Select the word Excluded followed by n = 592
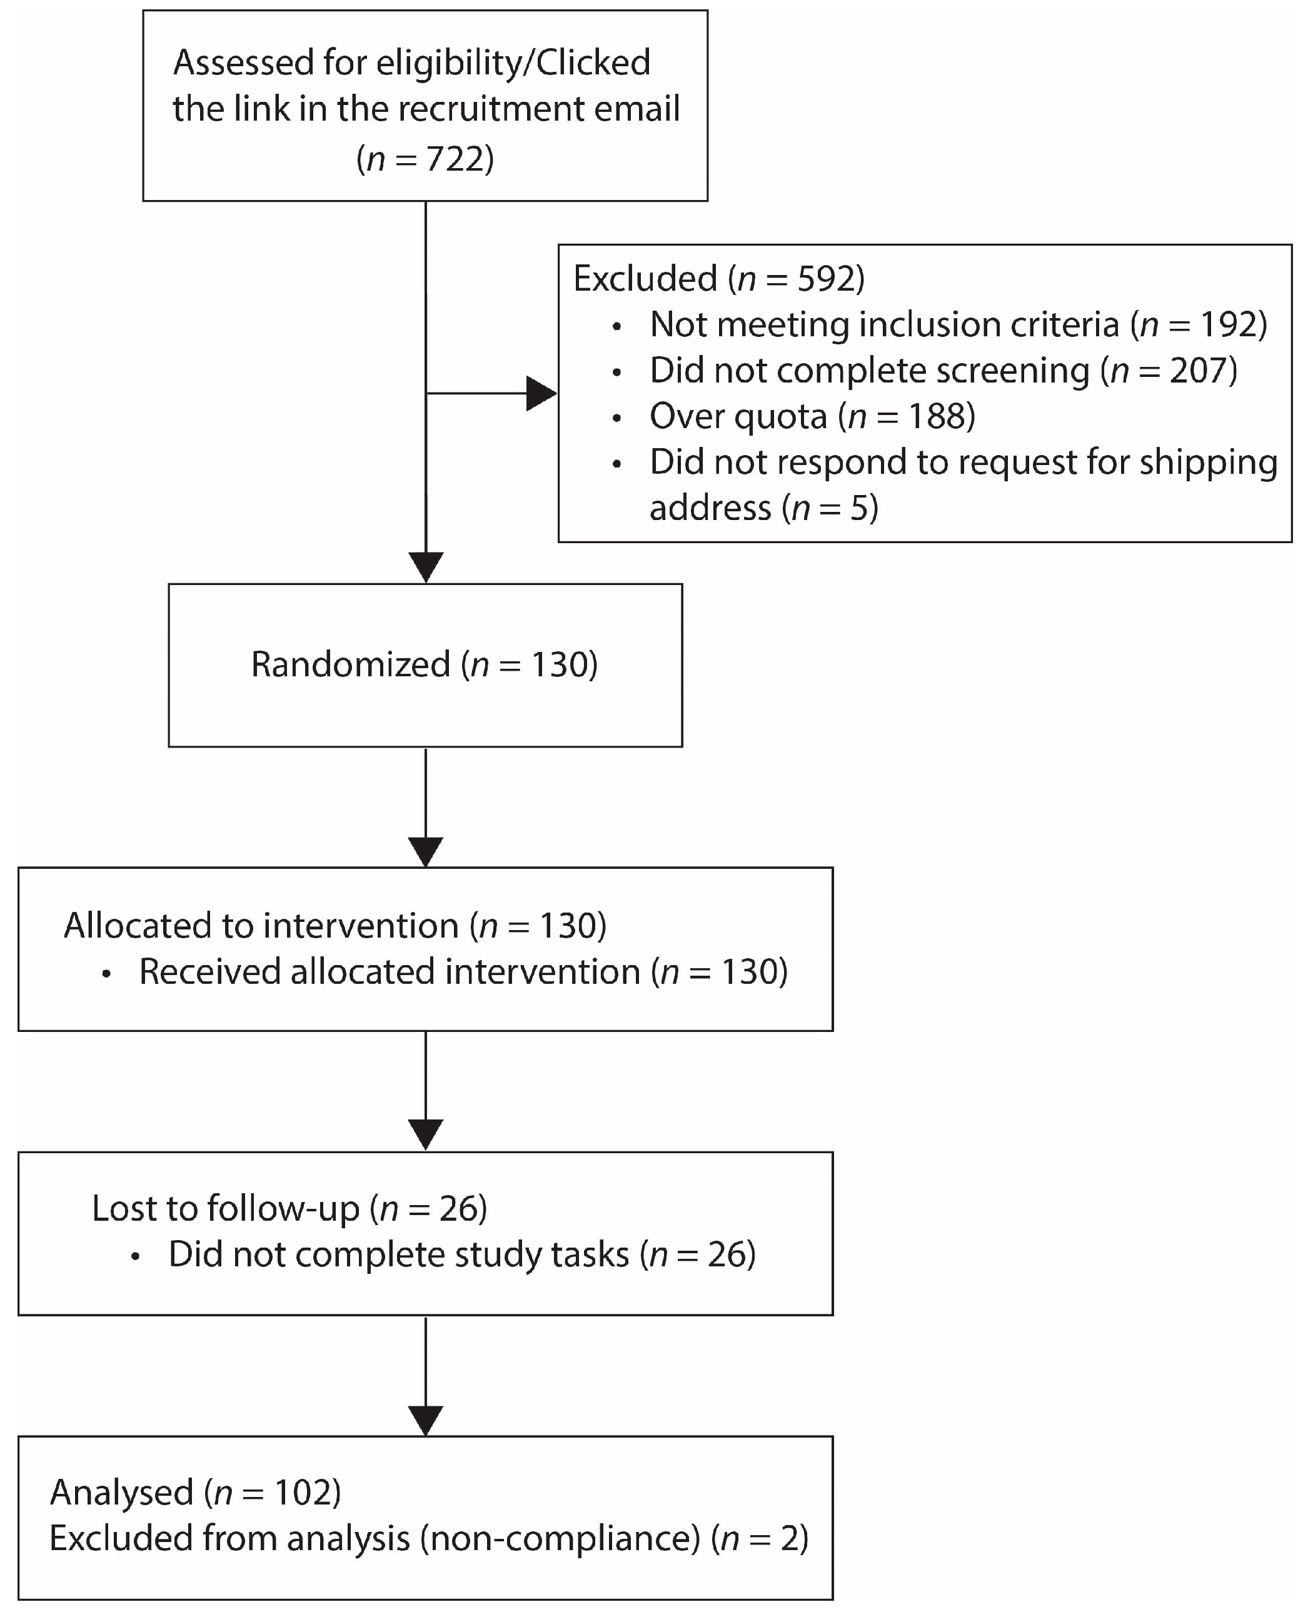644,279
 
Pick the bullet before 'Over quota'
617,418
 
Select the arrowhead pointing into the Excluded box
541,393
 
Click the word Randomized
350,665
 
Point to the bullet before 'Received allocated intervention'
106,974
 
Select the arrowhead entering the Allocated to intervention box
426,852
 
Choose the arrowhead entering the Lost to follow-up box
426,1135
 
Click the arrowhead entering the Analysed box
426,1420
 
